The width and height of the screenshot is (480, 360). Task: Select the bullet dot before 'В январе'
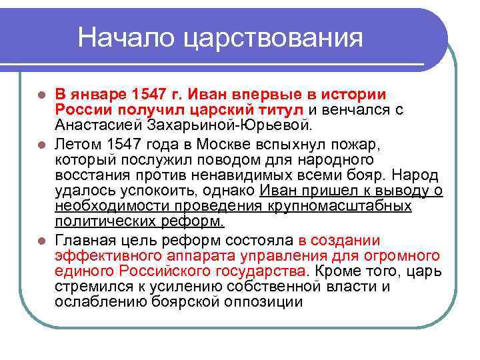(41, 94)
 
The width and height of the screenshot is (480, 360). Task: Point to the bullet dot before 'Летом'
(41, 143)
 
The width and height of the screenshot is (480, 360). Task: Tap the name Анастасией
(98, 125)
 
